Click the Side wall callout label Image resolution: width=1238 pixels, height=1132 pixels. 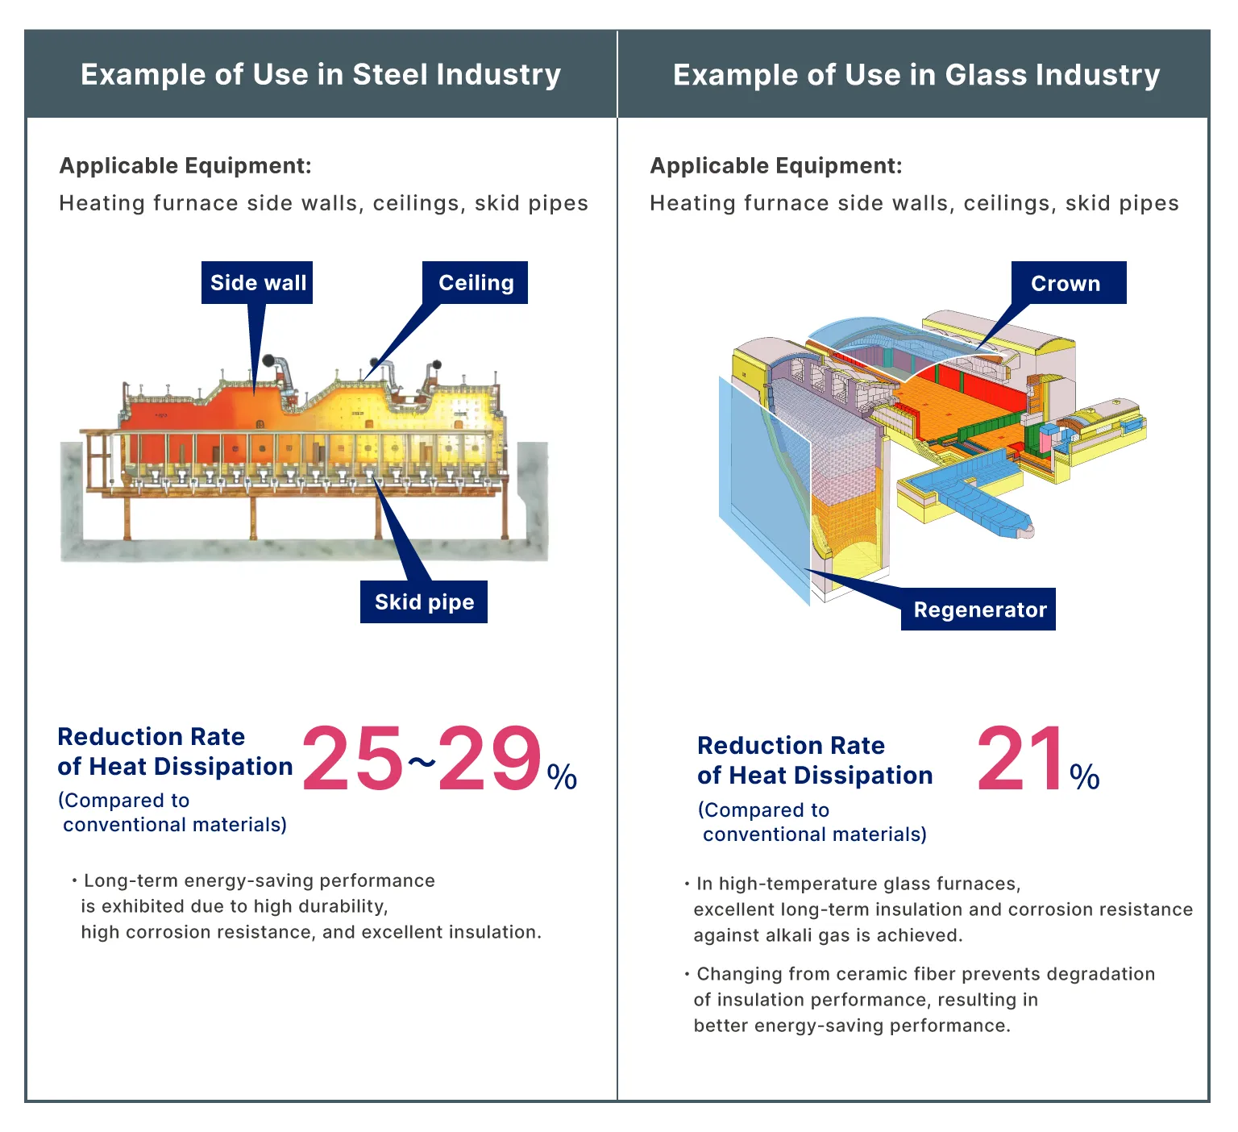[x=257, y=282]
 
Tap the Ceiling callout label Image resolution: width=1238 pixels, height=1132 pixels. [x=476, y=282]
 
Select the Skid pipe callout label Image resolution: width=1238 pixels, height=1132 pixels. [x=424, y=601]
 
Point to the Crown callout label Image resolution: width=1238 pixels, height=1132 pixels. [x=1066, y=283]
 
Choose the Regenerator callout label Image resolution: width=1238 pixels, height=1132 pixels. [x=979, y=610]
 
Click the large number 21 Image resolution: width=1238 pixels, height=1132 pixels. [x=1020, y=759]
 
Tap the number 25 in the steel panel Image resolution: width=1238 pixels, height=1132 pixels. [x=353, y=757]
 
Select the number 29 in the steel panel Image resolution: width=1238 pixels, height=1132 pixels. [x=490, y=757]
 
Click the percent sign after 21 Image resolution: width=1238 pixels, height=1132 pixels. [x=1085, y=776]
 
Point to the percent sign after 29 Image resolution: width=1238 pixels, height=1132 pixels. [x=562, y=776]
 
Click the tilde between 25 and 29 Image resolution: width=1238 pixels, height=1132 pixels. [x=421, y=762]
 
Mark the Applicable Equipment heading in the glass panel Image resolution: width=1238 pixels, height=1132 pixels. [x=776, y=165]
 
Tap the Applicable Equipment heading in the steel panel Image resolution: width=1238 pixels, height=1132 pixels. [x=185, y=165]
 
